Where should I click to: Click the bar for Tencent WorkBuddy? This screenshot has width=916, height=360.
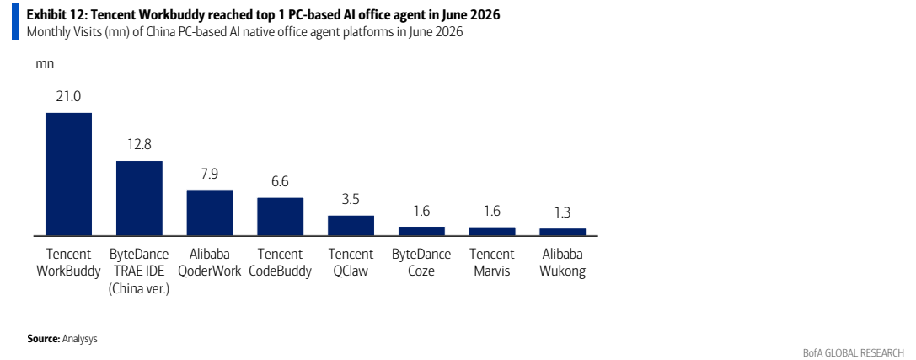pyautogui.click(x=68, y=175)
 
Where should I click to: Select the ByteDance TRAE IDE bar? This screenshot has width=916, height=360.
pyautogui.click(x=139, y=198)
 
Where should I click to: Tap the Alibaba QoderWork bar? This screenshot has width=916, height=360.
pyautogui.click(x=210, y=212)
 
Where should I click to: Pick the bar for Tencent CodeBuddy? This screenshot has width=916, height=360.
pyautogui.click(x=281, y=217)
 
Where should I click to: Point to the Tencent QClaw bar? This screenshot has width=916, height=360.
pyautogui.click(x=351, y=226)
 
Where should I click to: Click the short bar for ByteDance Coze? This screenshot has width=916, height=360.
pyautogui.click(x=421, y=231)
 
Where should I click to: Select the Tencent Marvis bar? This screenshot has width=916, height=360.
pyautogui.click(x=492, y=231)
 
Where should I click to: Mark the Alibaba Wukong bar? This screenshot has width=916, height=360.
pyautogui.click(x=563, y=232)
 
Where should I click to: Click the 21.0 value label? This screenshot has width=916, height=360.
pyautogui.click(x=68, y=96)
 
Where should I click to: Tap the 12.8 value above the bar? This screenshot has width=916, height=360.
pyautogui.click(x=139, y=144)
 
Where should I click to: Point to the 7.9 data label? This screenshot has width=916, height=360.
pyautogui.click(x=210, y=174)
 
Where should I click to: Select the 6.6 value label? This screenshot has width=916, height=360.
pyautogui.click(x=281, y=181)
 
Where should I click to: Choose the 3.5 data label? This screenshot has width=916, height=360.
pyautogui.click(x=351, y=199)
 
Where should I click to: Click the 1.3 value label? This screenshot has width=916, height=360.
pyautogui.click(x=563, y=212)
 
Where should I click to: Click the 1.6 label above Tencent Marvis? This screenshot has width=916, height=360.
pyautogui.click(x=492, y=211)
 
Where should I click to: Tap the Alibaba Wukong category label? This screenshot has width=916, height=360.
pyautogui.click(x=563, y=263)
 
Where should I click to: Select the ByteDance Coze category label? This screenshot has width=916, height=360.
pyautogui.click(x=421, y=263)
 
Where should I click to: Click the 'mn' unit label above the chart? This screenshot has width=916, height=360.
pyautogui.click(x=45, y=64)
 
